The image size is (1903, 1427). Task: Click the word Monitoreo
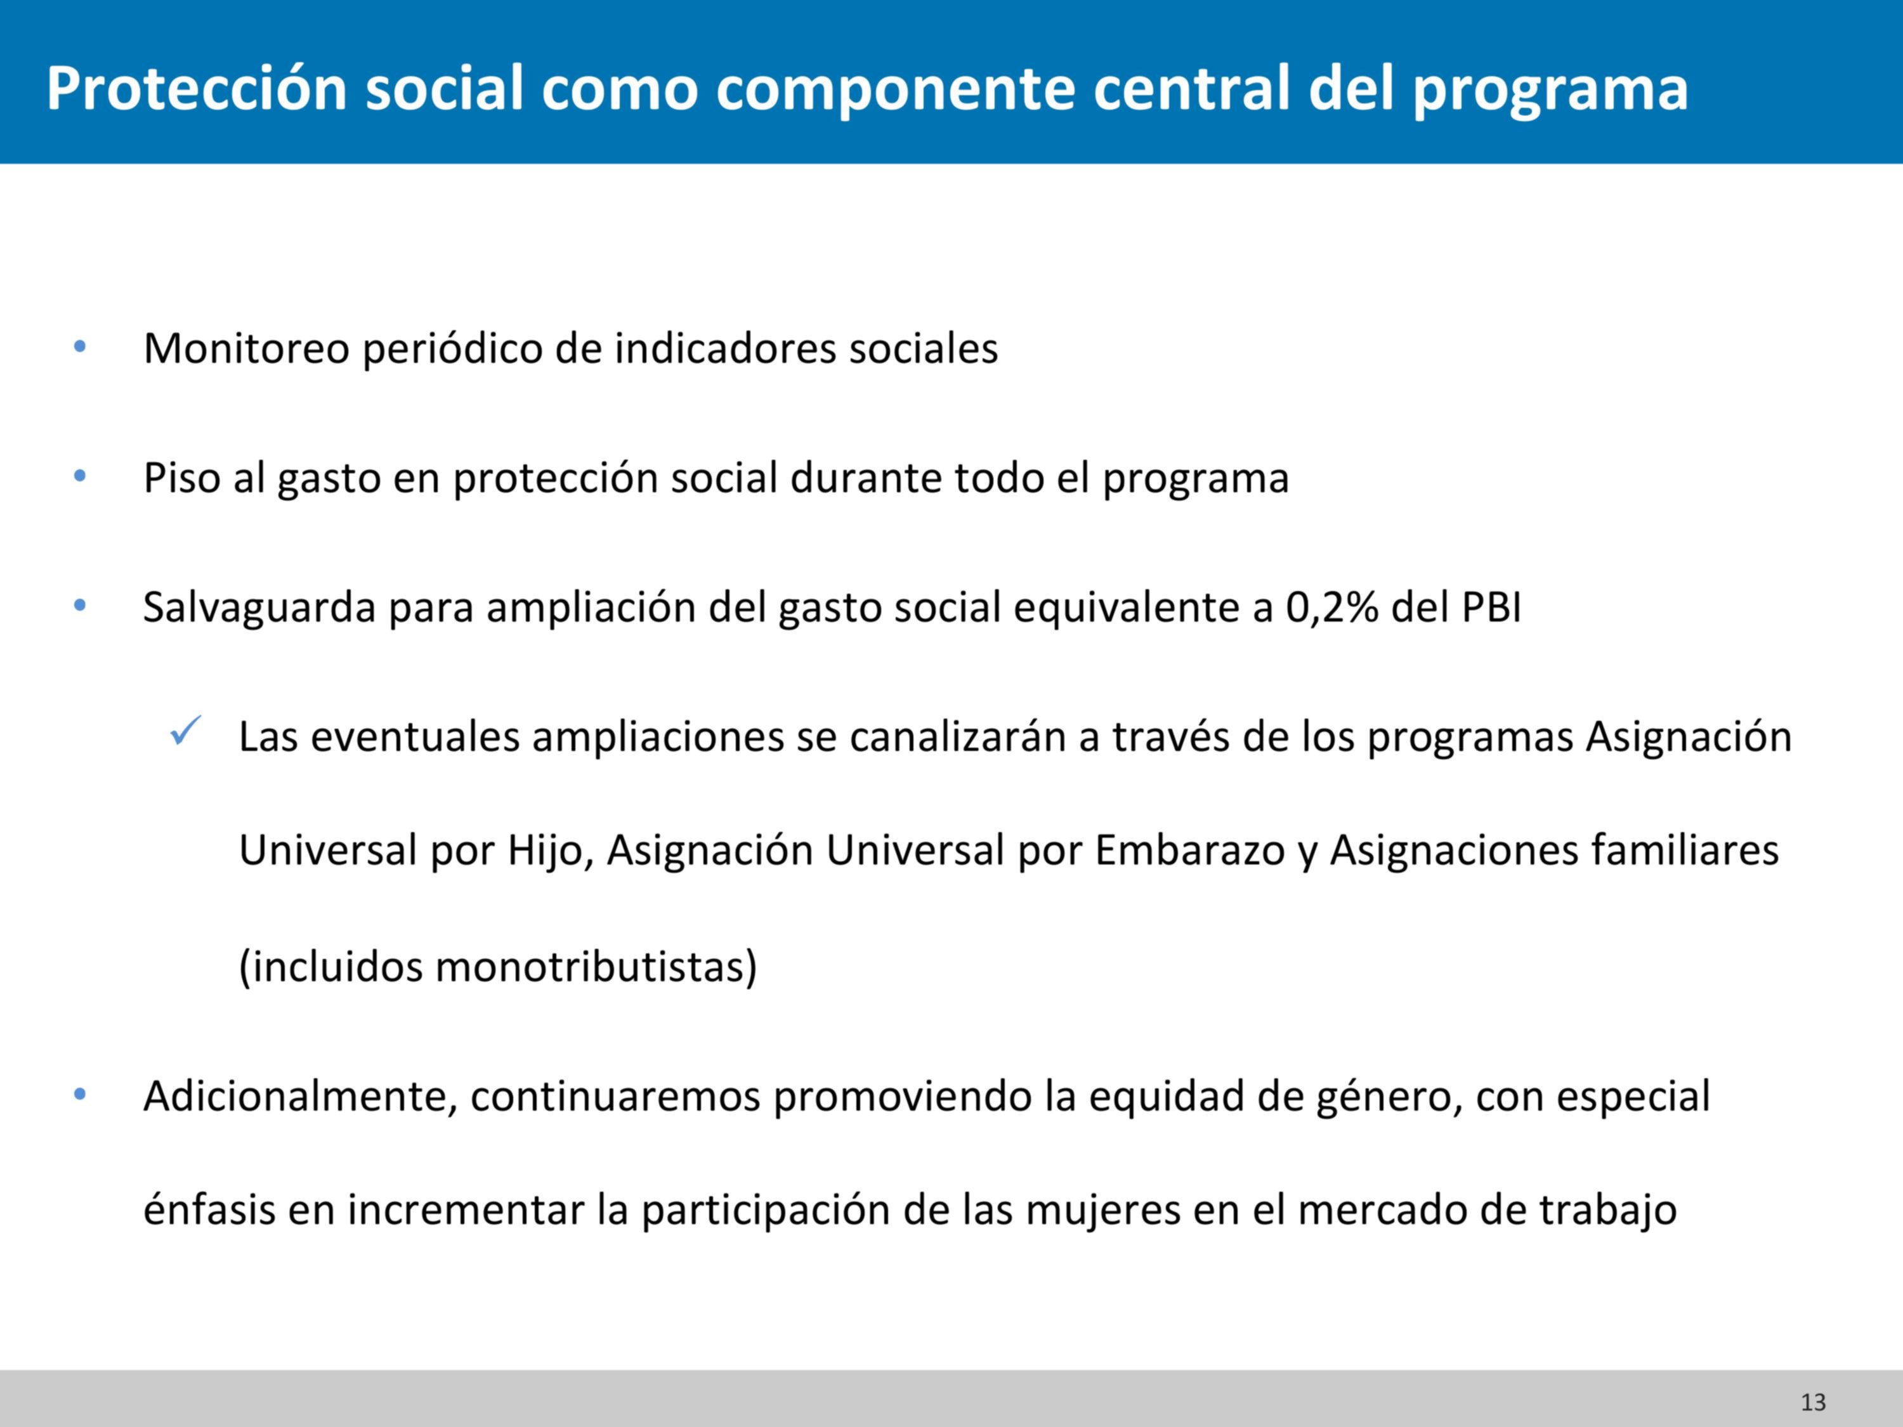click(246, 348)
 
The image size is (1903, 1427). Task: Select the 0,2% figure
click(1331, 608)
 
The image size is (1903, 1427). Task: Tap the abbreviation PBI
click(1492, 608)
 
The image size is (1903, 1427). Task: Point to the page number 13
click(1814, 1402)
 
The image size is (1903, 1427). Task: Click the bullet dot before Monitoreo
click(80, 347)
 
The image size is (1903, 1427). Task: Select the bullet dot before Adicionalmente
click(80, 1095)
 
